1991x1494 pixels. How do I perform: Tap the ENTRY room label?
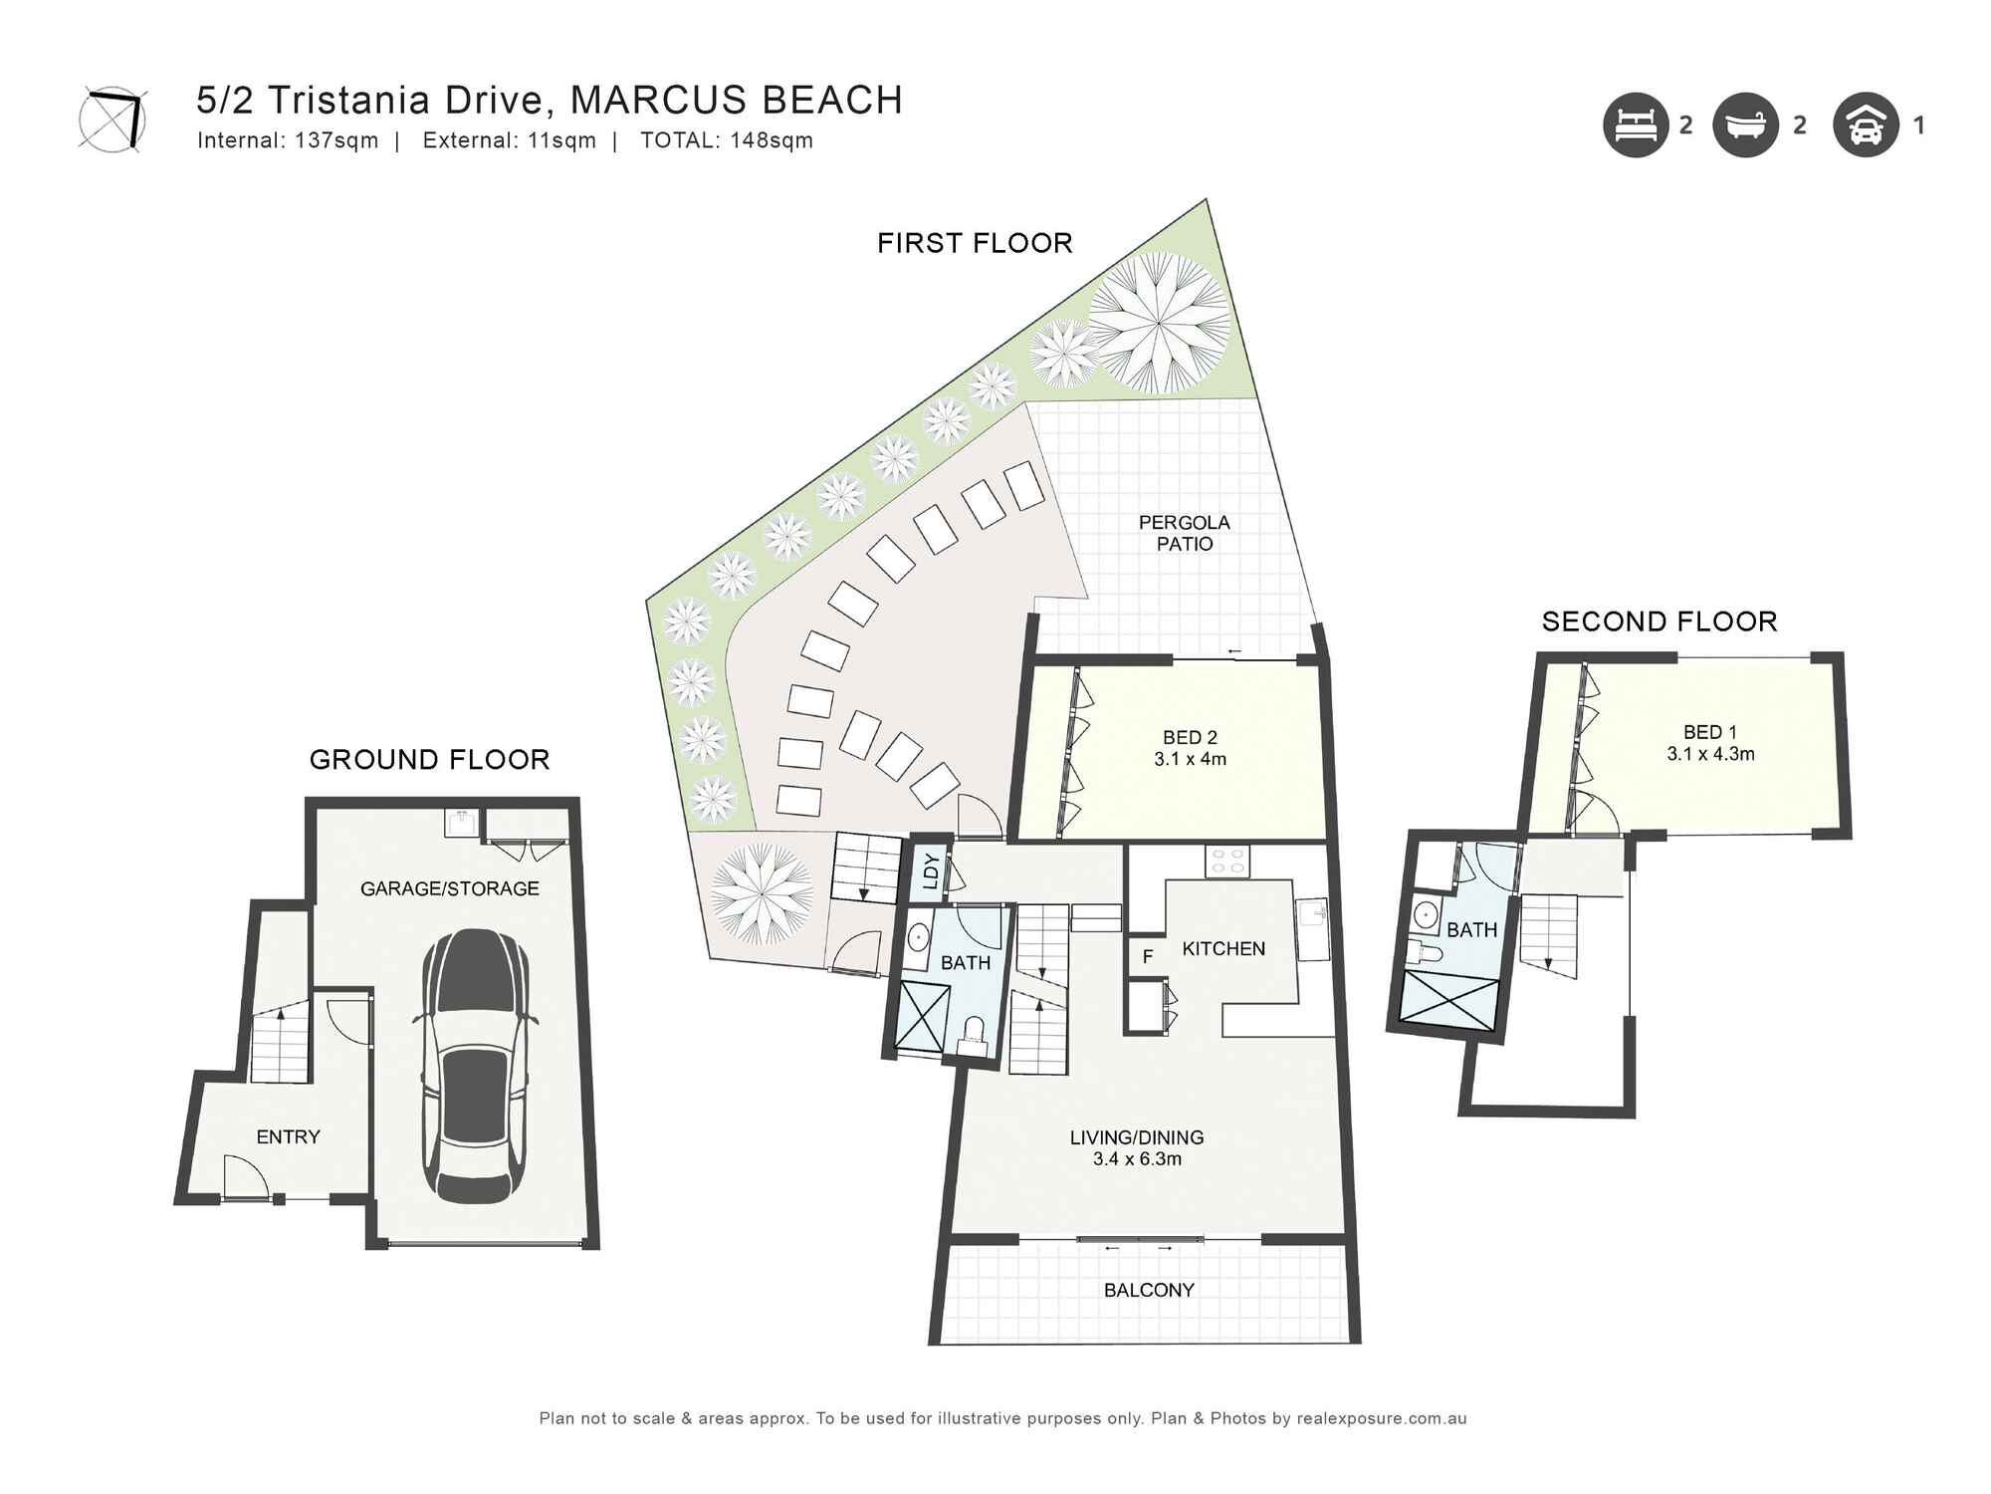coord(288,1136)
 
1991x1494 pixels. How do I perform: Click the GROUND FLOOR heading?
coord(429,760)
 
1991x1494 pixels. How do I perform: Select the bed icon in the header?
coord(1635,125)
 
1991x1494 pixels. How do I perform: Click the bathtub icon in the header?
coord(1745,125)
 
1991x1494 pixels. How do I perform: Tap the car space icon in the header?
coord(1866,125)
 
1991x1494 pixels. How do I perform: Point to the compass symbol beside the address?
coord(112,120)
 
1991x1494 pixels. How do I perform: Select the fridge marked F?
coord(1147,957)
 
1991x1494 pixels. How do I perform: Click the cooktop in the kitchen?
coord(1227,861)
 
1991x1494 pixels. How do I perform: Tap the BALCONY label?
coord(1149,1290)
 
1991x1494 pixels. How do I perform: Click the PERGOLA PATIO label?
coord(1184,533)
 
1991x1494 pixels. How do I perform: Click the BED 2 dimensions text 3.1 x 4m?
coord(1190,759)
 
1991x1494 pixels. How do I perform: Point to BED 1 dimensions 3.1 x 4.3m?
coord(1710,754)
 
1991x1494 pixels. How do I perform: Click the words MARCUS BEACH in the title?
coord(737,101)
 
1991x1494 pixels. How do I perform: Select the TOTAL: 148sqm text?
coord(727,140)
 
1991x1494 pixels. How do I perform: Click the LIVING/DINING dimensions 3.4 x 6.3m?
coord(1137,1159)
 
